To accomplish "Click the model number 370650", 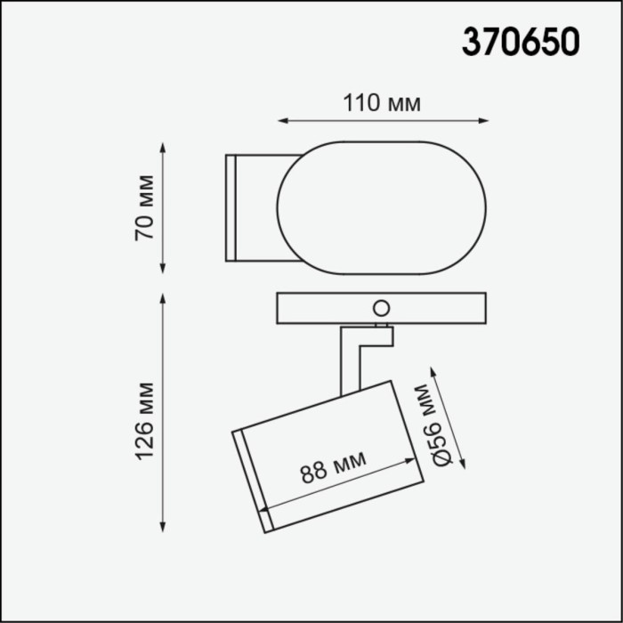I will [x=520, y=41].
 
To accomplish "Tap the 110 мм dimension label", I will [x=382, y=103].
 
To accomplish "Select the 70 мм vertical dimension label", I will [x=143, y=207].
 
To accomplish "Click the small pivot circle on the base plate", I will [x=381, y=309].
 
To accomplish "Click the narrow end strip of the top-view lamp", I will [x=230, y=207].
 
